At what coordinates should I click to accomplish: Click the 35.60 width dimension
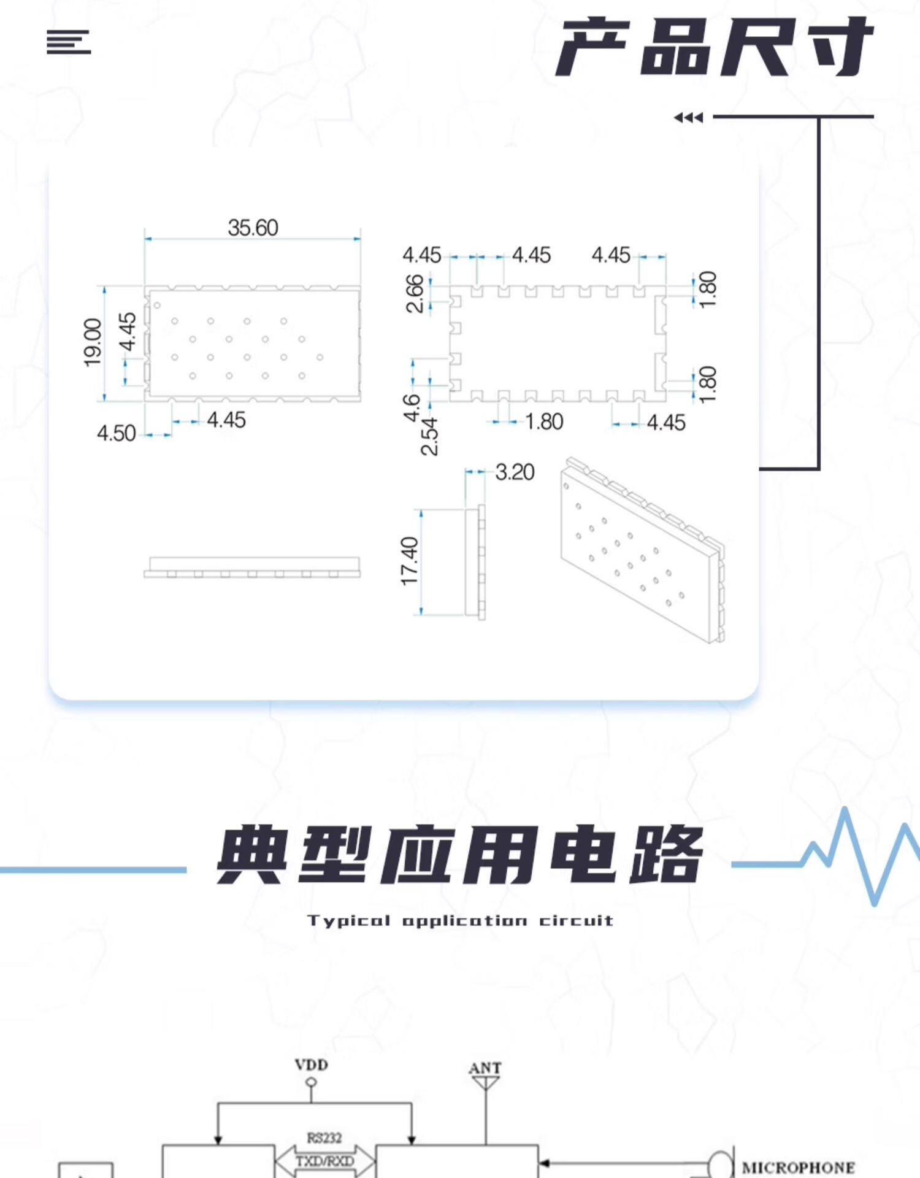253,228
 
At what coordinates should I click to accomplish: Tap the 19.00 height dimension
93,342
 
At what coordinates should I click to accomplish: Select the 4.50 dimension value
116,433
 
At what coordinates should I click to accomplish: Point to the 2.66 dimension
415,293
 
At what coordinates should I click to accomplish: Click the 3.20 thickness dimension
515,472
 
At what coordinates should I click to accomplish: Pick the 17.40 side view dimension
409,561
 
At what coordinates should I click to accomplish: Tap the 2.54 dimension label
429,436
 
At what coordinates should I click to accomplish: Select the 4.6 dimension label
411,408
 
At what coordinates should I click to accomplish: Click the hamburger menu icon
69,42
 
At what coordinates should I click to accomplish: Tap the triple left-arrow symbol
688,117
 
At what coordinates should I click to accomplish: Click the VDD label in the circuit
312,1064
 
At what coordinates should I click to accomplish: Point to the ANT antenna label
485,1068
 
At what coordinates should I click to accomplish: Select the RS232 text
324,1138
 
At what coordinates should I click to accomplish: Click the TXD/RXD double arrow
325,1161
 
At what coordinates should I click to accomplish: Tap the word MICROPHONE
798,1168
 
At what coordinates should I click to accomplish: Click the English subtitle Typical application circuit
461,920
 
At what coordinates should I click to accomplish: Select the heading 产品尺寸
715,47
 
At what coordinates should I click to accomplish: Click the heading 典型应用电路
460,855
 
